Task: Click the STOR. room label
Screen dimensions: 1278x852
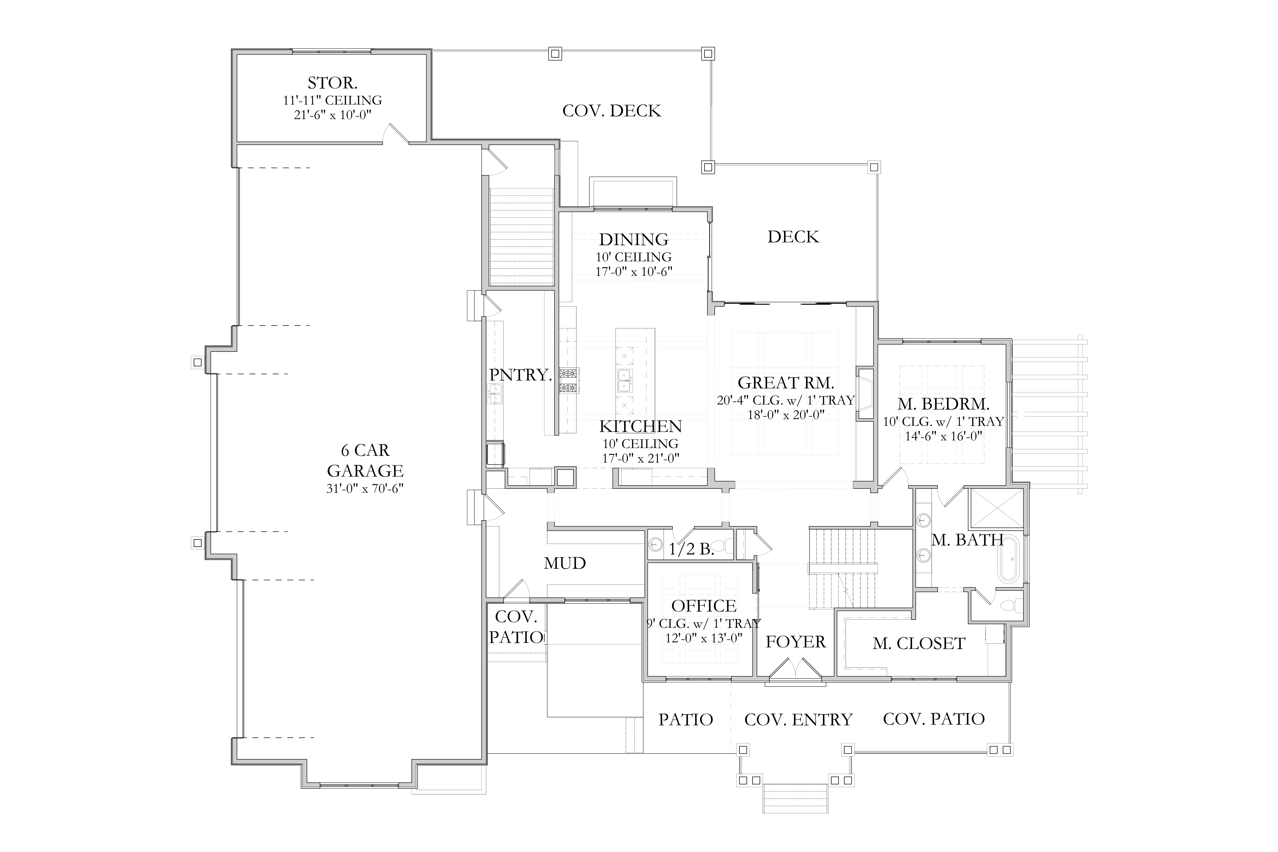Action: (332, 83)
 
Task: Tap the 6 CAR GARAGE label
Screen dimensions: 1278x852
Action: (365, 460)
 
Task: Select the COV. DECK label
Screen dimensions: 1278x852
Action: (612, 111)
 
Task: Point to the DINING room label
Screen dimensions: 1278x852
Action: (633, 239)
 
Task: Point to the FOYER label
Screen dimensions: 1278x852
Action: (796, 642)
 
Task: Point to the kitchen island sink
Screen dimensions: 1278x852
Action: (624, 380)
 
